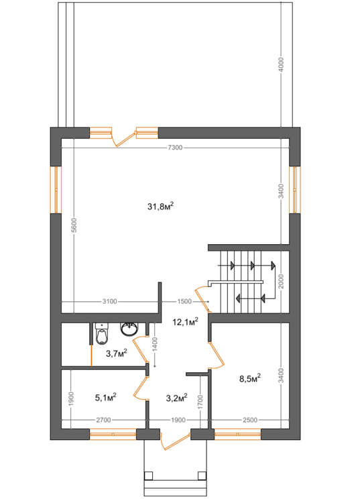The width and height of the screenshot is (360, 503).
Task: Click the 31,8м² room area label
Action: tap(161, 206)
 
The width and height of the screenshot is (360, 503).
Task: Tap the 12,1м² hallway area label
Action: tap(185, 321)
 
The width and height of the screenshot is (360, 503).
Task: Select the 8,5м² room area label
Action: tap(250, 378)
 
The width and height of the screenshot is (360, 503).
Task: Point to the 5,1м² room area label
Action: tap(105, 398)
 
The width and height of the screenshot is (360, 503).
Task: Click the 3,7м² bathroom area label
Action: tap(117, 353)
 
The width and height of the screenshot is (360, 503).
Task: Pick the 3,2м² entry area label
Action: tap(176, 398)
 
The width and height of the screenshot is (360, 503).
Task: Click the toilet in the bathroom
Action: tap(102, 333)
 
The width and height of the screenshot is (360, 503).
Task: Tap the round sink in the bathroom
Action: tap(129, 329)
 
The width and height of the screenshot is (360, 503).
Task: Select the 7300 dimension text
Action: tap(175, 148)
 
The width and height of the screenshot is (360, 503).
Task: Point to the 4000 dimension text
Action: tap(281, 65)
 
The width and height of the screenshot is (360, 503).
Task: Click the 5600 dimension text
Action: tap(74, 225)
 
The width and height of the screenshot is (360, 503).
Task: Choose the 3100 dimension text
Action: tap(110, 302)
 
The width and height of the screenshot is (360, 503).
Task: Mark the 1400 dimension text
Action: tap(155, 344)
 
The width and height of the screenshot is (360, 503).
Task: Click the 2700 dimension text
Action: tap(103, 420)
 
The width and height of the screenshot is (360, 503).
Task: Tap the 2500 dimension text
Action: tap(250, 420)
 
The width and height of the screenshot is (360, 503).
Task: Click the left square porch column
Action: tap(148, 476)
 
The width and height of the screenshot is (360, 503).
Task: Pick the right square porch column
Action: tap(202, 476)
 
